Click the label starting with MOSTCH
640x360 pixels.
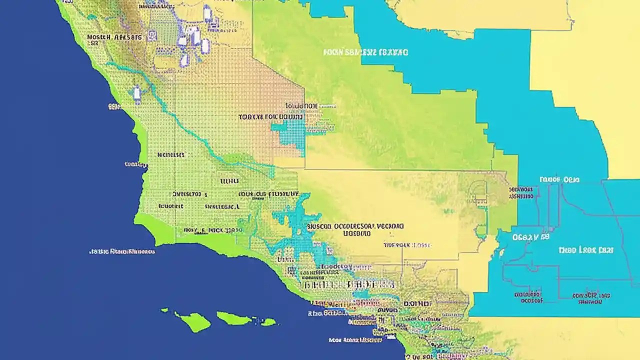pos(114,37)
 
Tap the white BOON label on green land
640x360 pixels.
pos(365,52)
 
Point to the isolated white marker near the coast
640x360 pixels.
pos(136,93)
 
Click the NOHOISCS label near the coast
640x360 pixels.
pos(170,155)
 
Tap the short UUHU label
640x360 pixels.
pos(229,181)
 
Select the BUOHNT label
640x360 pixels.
pos(170,206)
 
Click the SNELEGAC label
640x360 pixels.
pos(221,206)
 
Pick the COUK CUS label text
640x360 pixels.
pos(268,193)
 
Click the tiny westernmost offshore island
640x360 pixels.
pos(164,310)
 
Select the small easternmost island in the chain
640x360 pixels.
pos(268,322)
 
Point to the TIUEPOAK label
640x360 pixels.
pos(406,245)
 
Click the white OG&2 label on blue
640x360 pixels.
pos(530,237)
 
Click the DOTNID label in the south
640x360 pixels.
pos(416,303)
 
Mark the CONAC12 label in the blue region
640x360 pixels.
pos(591,298)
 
